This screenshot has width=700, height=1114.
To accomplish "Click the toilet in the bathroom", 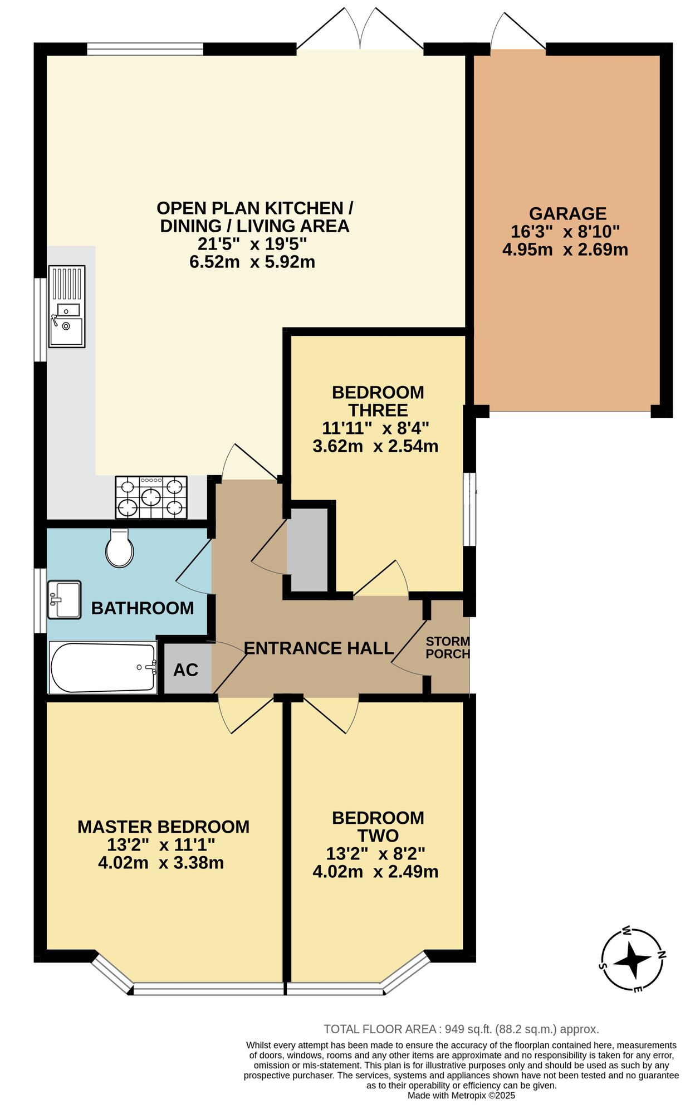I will click(x=119, y=549).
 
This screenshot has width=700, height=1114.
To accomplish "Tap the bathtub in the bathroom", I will click(x=103, y=668).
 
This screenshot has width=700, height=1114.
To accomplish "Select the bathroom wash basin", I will click(x=65, y=600).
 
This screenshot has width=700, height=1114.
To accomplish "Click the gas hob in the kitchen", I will click(x=151, y=497).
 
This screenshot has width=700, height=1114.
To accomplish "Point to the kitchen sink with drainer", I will click(x=67, y=306).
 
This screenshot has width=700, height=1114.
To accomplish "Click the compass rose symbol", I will click(x=633, y=960).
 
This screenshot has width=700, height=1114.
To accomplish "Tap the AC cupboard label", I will click(x=185, y=670).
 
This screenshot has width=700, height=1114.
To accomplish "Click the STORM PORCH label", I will click(x=448, y=648).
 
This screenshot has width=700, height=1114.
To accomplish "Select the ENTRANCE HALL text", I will click(x=319, y=648).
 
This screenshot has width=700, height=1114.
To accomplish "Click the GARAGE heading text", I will click(x=567, y=213).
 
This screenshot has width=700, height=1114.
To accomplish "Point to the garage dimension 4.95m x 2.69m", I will click(x=565, y=250).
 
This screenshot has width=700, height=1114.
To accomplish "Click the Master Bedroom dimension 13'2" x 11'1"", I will click(x=161, y=845).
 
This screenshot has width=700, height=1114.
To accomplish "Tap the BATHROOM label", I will click(x=143, y=608).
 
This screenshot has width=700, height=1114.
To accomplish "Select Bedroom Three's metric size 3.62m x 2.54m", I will click(x=375, y=446).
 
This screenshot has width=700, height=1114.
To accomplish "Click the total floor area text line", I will click(x=461, y=1029).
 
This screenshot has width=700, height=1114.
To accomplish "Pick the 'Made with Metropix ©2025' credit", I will click(x=461, y=1096).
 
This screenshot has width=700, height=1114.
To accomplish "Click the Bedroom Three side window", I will click(x=470, y=509).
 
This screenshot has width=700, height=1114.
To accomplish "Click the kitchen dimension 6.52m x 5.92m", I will click(x=252, y=262).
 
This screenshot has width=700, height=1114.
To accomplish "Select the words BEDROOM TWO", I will click(x=378, y=827).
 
